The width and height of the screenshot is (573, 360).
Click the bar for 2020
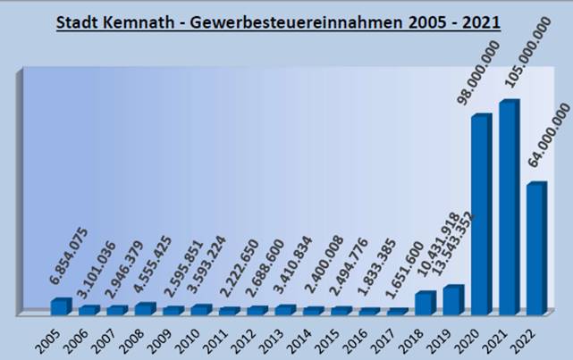pyautogui.click(x=481, y=214)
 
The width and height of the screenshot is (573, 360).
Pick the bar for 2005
pyautogui.click(x=60, y=306)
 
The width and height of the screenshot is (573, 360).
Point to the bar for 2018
pyautogui.click(x=425, y=303)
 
